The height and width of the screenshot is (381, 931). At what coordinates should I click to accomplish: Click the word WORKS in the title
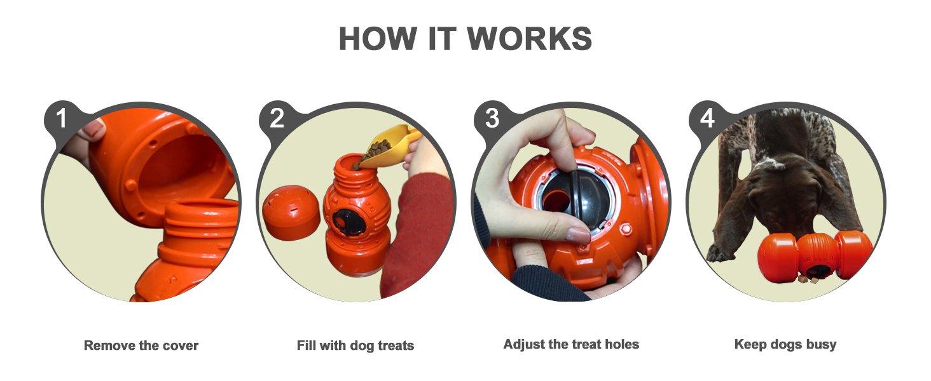coord(530,39)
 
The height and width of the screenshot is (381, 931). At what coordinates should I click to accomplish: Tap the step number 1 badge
coord(61,119)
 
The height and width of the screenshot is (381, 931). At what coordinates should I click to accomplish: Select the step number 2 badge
coord(277,119)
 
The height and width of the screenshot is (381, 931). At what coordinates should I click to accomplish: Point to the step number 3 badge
coord(492,119)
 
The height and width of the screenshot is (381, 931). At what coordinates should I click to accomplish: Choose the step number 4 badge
coord(707,119)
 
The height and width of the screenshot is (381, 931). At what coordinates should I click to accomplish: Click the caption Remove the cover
coord(141,346)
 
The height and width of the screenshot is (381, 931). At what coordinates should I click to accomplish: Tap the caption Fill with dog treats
coord(355,346)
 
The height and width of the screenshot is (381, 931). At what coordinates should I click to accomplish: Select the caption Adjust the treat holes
coord(571,344)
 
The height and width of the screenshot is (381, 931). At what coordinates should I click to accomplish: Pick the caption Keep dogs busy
coord(785,344)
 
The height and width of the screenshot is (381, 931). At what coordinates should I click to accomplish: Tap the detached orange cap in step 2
coord(291,211)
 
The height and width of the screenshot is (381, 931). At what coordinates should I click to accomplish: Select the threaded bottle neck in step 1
coord(200,222)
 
